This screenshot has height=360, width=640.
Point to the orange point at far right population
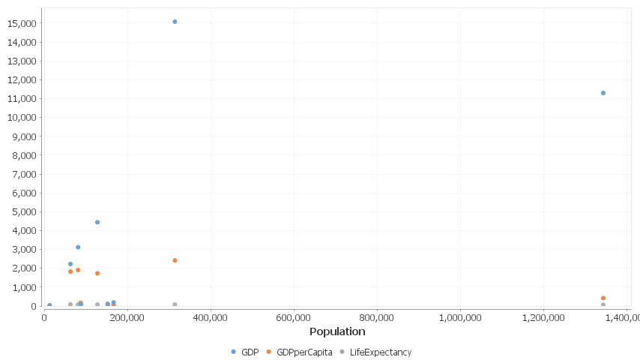pos(603,298)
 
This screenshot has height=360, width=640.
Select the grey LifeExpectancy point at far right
pos(603,304)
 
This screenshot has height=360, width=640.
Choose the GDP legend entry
pos(245,352)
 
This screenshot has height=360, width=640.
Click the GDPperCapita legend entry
pos(299,352)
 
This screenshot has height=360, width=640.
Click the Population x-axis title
pos(337,331)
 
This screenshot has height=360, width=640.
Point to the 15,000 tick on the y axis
pos(22,23)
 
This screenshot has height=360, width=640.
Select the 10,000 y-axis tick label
pos(22,118)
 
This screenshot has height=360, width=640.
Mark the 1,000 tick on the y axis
pos(25,287)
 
